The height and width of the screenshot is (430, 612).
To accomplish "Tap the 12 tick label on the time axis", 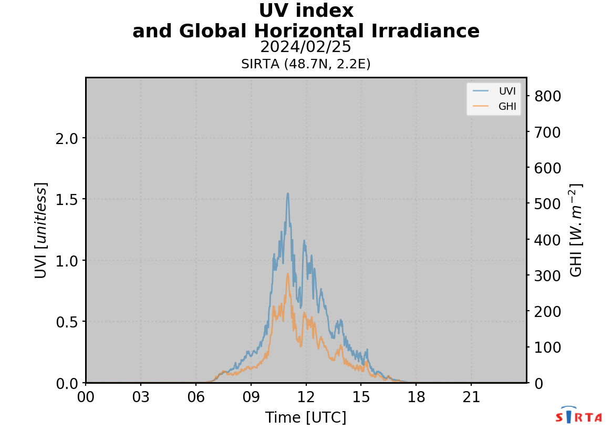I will (306, 397).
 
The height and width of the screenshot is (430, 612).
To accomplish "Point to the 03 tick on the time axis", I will (141, 397).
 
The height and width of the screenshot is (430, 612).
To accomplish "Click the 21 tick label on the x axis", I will (471, 397).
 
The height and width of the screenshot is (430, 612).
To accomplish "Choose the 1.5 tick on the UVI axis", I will (67, 200).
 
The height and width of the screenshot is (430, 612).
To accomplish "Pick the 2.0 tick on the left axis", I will (67, 139).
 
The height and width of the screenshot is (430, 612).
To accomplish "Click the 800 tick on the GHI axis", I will (548, 96).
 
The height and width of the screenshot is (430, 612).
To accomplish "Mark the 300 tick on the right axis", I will (548, 275).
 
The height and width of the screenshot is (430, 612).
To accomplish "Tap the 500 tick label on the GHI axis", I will (548, 204).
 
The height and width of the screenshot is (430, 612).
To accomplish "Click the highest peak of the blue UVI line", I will (288, 193).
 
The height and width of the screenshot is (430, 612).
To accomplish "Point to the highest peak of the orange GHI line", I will (287, 273).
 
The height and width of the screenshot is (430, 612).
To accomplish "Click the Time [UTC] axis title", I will (306, 417).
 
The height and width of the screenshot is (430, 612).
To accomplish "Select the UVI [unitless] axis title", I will (41, 230).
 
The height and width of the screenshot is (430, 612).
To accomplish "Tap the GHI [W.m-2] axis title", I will (577, 230).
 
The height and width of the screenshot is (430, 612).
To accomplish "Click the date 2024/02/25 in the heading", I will (306, 47).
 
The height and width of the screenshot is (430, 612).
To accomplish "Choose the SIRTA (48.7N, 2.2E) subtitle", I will (306, 64).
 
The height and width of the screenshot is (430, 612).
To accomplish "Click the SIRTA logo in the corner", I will (578, 416).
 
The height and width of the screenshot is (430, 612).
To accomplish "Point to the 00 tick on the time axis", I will (86, 397).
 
